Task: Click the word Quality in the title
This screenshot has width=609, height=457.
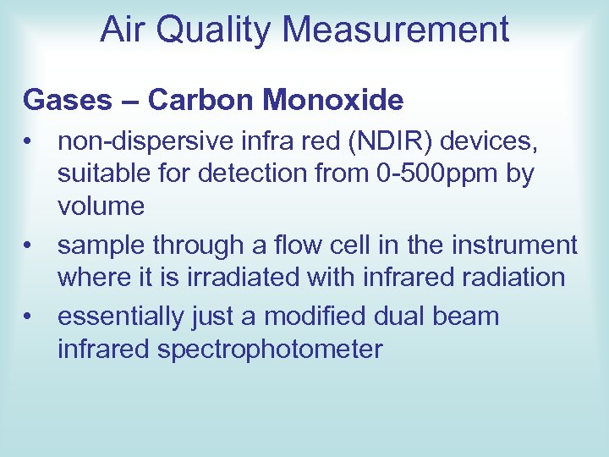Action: point(211,30)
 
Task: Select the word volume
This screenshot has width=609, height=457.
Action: point(101,206)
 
